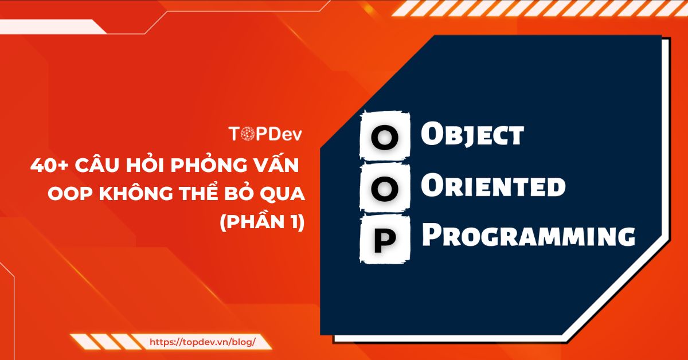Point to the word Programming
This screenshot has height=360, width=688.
pos(528,236)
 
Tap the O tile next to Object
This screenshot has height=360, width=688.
pos(384,137)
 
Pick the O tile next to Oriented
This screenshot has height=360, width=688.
pos(384,188)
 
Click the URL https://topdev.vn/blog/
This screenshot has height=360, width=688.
pos(202,342)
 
